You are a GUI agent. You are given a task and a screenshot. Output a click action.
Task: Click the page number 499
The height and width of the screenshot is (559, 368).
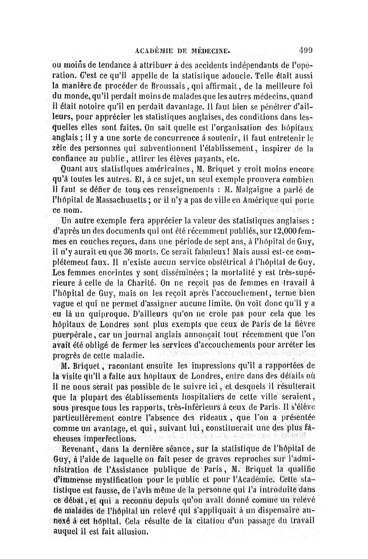click(x=306, y=51)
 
